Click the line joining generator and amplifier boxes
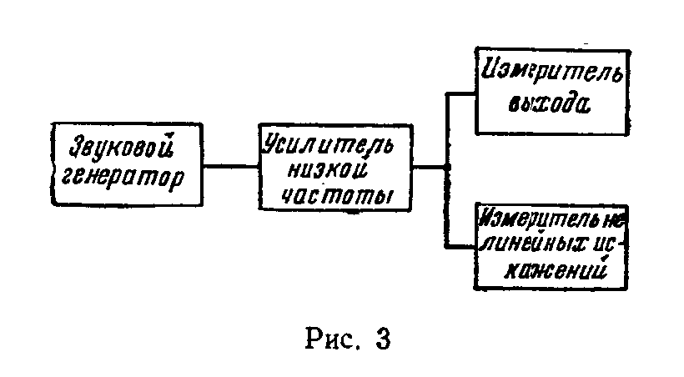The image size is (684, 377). [230, 167]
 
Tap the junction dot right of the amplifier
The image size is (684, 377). [447, 168]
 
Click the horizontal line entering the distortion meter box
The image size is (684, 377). [461, 245]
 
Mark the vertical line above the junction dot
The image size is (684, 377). [447, 129]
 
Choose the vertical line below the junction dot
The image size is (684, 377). [447, 209]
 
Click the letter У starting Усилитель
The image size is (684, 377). [272, 143]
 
